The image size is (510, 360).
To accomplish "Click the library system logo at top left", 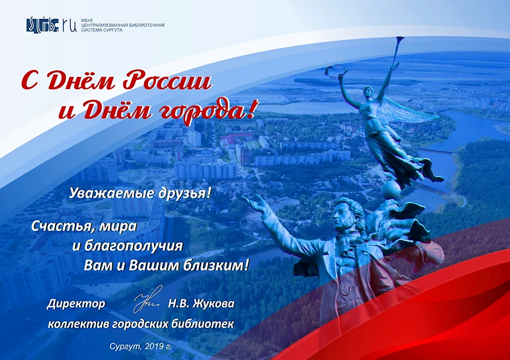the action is [51, 25].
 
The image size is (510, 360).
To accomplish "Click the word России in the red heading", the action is [167, 80].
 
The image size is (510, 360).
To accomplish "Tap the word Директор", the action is [76, 304].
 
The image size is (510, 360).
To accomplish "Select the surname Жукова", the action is [213, 304].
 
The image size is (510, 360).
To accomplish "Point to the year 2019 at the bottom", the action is [154, 347].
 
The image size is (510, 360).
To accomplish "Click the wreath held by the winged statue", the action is [335, 69].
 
